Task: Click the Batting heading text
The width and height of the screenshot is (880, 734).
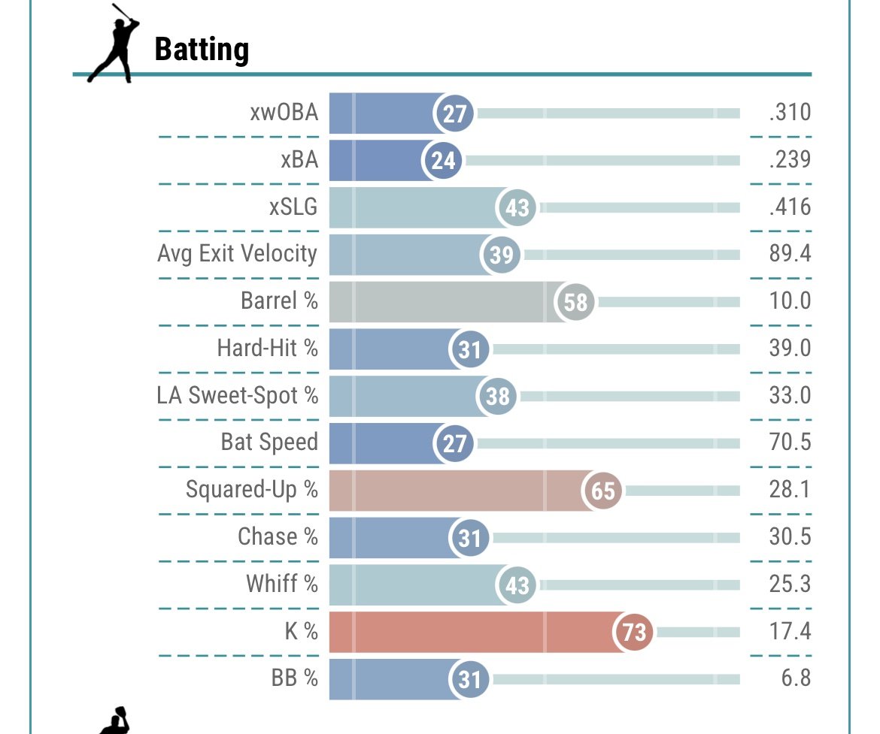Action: coord(202,50)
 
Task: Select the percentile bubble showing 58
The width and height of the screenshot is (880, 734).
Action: coord(575,302)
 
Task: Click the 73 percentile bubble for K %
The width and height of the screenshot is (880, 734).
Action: coord(634,632)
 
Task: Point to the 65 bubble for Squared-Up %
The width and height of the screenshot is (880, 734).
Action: coord(603,491)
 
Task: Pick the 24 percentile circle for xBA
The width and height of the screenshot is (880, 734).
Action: coord(444,161)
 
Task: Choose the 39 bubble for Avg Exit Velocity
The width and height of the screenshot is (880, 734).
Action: coord(501,255)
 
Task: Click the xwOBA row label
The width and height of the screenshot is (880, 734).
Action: coord(284,113)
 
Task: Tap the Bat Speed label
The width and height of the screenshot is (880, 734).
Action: coord(269,442)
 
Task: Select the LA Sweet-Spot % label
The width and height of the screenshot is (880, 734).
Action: coord(238,395)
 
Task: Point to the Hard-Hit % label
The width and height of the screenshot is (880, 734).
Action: coord(267,348)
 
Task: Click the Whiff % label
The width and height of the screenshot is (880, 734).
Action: coord(281,584)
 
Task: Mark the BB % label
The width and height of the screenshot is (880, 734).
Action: coord(294,678)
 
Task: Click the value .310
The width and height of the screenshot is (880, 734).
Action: coord(790,113)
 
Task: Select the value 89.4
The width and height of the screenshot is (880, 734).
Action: coord(790,254)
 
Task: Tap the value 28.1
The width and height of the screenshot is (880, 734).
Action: coord(790,490)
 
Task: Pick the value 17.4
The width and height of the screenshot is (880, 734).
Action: coord(790,631)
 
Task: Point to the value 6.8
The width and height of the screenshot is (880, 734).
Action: coord(796,678)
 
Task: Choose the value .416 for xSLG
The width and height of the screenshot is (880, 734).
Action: coord(790,207)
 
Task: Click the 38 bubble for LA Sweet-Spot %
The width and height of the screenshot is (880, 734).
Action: coord(497,396)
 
